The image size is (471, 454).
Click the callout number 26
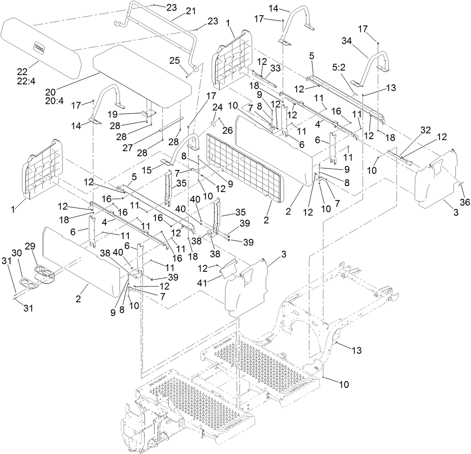pos(228,131)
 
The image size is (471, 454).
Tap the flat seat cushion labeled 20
pos(140,76)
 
